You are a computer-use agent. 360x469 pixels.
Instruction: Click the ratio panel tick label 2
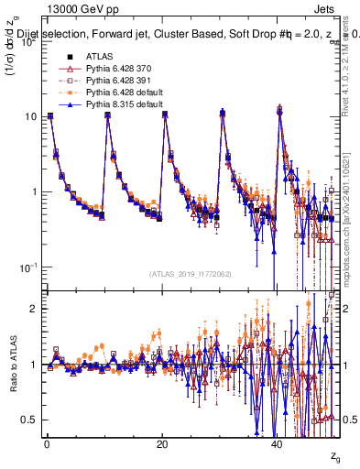click(33, 309)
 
